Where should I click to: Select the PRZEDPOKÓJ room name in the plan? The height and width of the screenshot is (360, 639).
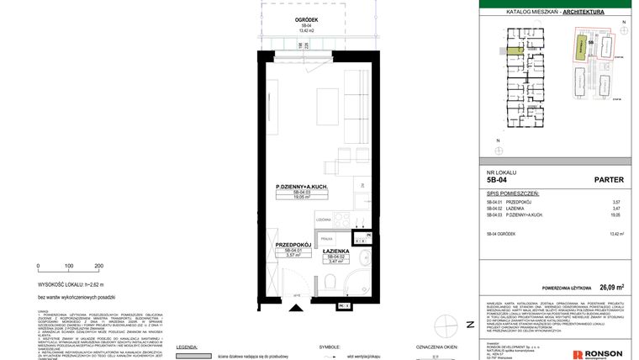[x=293, y=244]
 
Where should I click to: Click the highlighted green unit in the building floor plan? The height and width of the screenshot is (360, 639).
[x=513, y=50]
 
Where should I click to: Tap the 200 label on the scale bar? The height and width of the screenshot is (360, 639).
[x=98, y=265]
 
